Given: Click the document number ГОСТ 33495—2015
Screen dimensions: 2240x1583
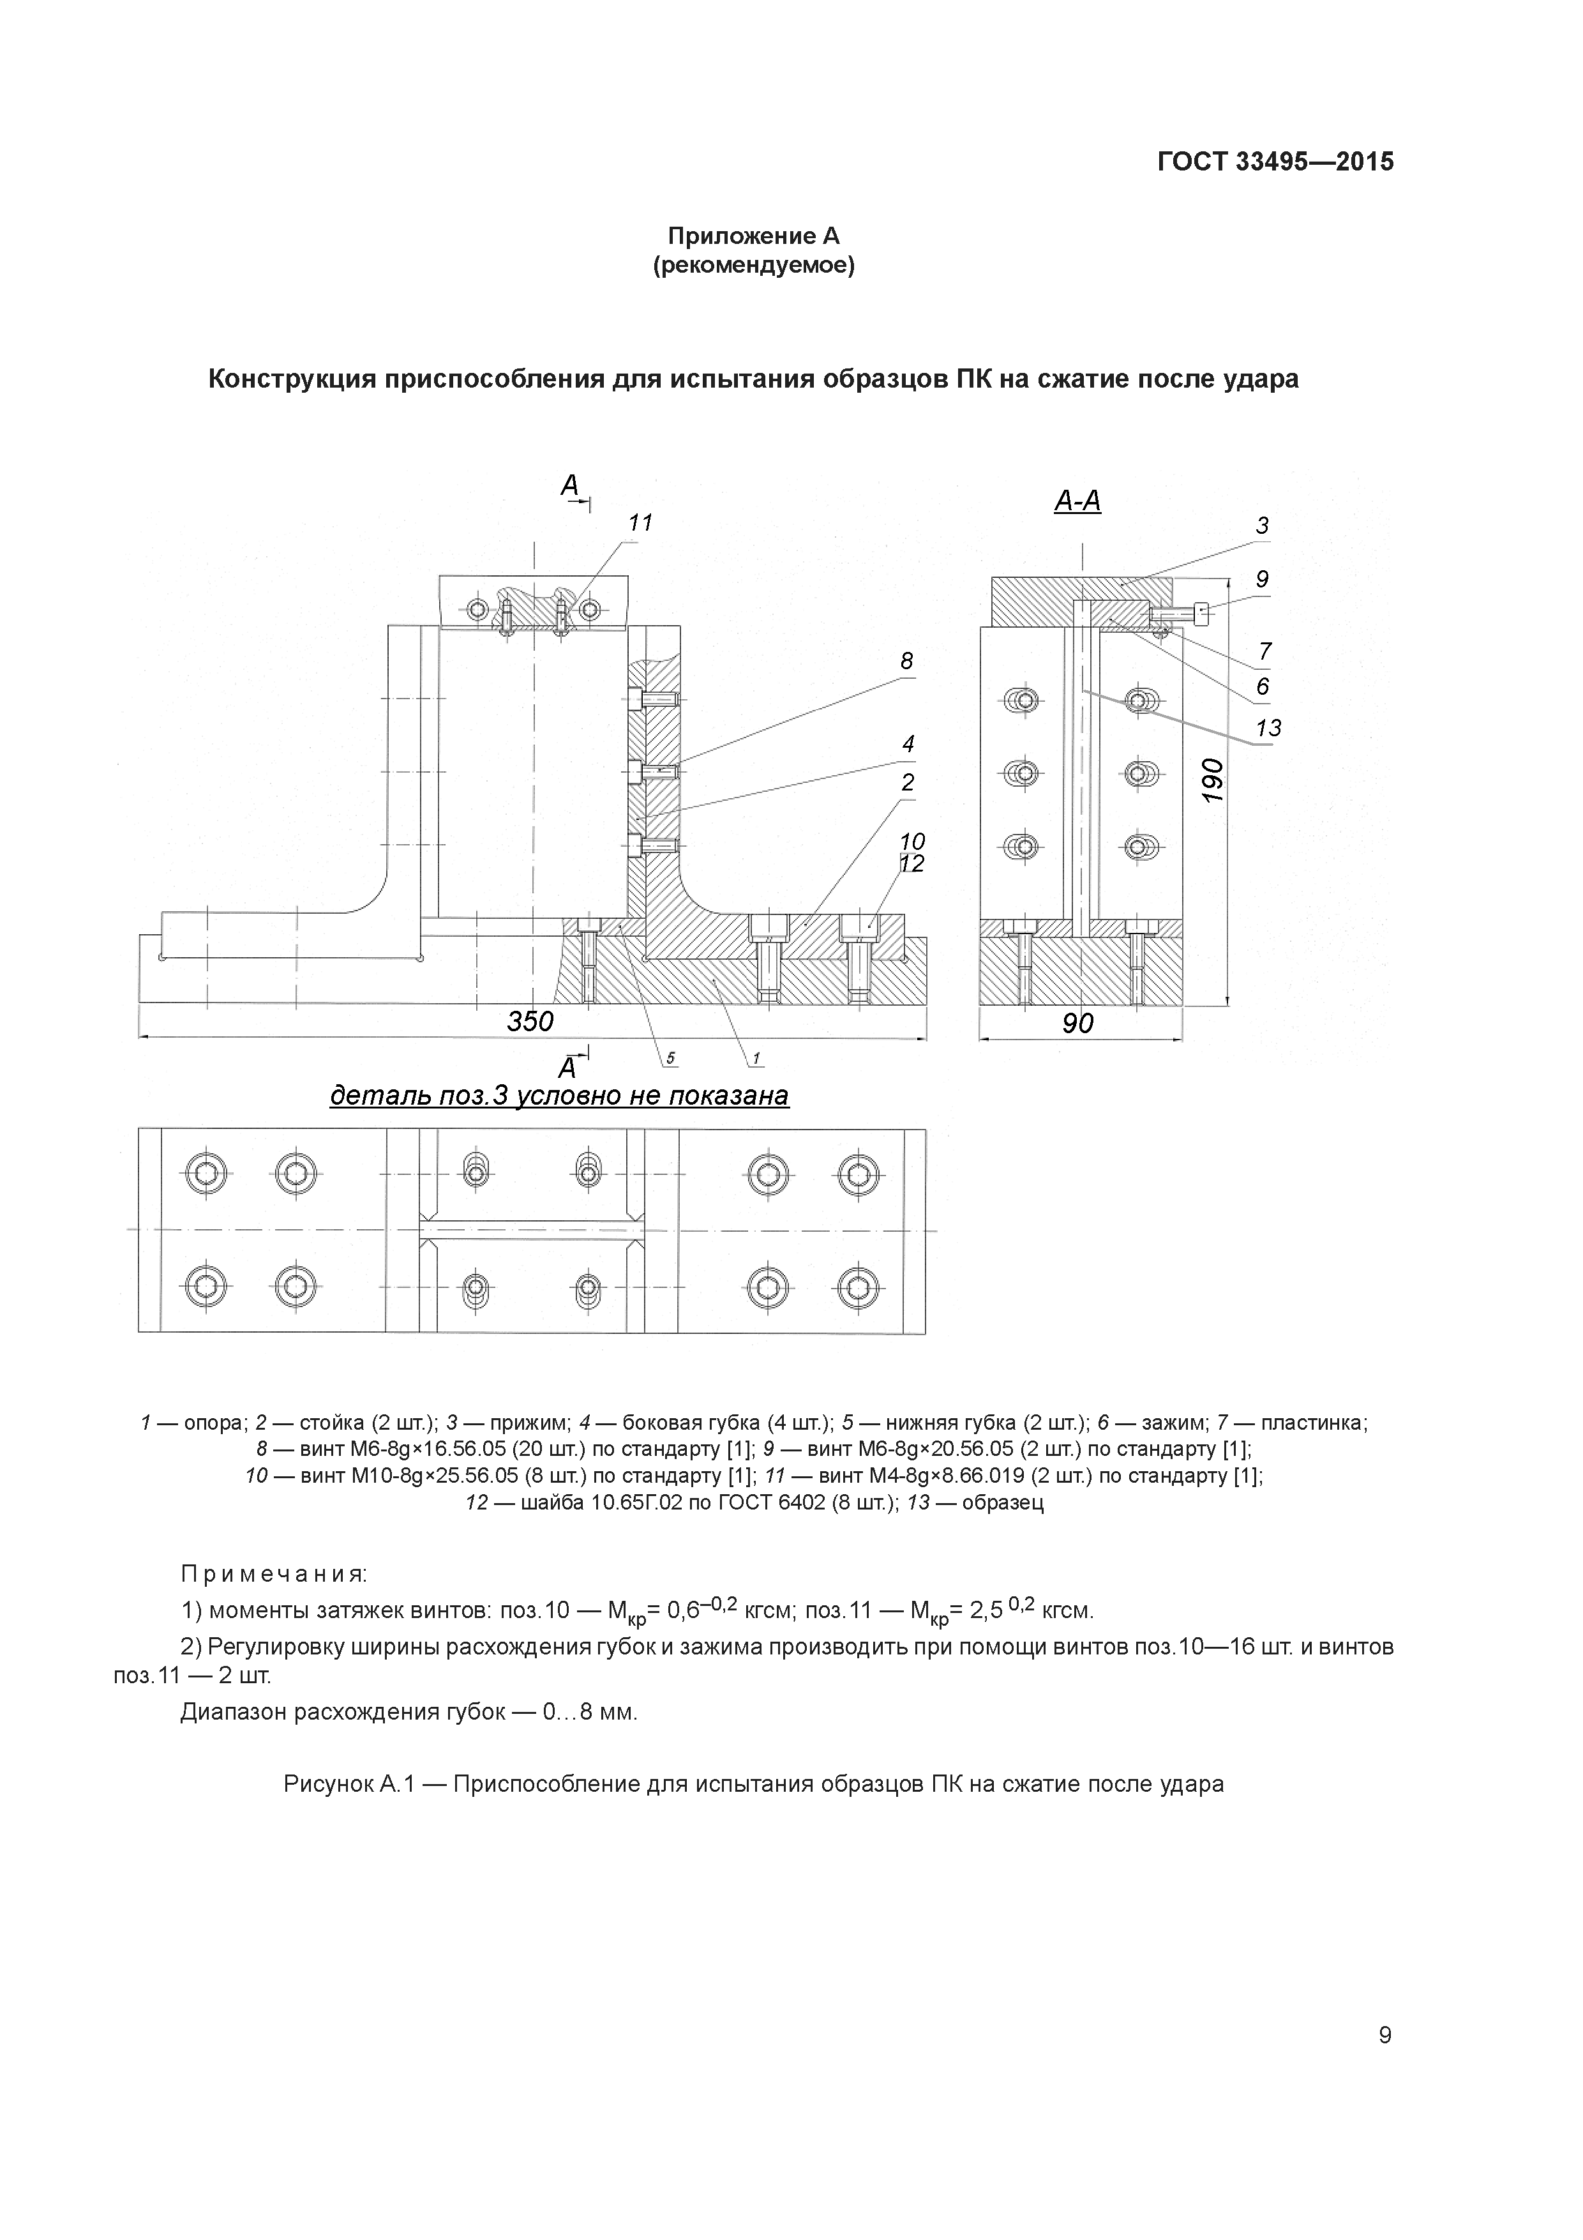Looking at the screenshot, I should pos(1275,162).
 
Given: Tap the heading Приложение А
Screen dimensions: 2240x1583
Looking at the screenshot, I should pos(753,236).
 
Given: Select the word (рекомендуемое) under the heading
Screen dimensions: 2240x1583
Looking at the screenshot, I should pos(753,266).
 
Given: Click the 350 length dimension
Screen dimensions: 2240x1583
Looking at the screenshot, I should pos(530,1022).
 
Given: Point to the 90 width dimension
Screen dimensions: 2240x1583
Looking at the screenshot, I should pos(1077,1024).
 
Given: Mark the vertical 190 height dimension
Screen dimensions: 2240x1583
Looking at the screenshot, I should pos(1212,780).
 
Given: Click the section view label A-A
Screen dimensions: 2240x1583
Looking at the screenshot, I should pos(1077,501).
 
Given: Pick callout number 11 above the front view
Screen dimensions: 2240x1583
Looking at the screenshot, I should pos(640,523).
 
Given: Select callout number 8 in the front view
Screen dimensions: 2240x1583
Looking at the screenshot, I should pos(906,662).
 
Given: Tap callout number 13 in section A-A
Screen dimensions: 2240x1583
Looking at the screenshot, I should pos(1268,728).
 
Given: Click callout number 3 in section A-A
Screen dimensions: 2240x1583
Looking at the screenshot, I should pos(1262,526).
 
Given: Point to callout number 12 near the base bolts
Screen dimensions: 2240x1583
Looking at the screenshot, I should pos(912,865).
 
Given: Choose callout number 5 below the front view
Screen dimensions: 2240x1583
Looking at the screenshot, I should pos(671,1059).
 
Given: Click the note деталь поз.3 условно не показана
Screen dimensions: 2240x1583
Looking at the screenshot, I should pos(559,1096).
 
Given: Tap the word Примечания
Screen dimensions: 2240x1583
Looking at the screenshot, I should pos(274,1575).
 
